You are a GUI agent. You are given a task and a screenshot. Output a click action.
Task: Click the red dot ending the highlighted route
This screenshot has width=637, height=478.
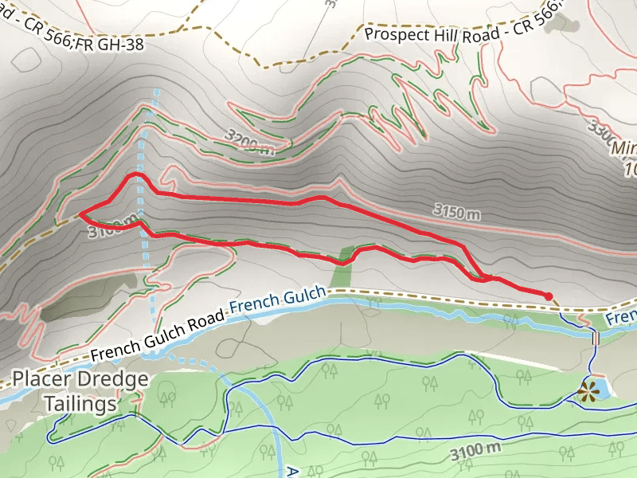pos(549,296)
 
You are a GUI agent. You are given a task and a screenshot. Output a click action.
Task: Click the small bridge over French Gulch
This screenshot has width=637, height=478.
pos(595,338)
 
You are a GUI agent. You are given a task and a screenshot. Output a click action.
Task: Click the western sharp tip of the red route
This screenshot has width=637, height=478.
pos(80,214)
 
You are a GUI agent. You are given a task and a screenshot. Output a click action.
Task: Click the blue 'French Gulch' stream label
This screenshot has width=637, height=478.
pos(277,300)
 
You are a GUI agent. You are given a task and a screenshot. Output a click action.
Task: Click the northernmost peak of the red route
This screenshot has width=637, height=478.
pos(135,174)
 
